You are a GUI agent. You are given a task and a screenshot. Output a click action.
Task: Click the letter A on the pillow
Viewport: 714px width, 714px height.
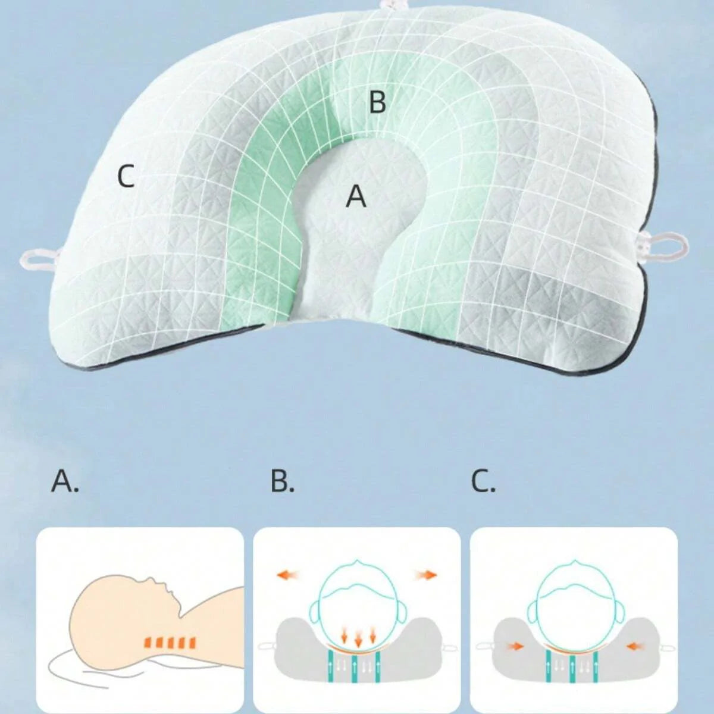pos(356,196)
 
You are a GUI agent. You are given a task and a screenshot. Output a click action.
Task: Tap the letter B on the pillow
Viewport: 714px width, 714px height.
pos(378,102)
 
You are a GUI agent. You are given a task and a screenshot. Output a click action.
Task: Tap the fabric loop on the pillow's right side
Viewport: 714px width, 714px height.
pos(668,247)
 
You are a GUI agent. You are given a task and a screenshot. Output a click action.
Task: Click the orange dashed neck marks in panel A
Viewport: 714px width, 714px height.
pos(169,642)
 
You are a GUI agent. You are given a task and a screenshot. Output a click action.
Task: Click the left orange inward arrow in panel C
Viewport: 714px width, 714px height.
pos(515,647)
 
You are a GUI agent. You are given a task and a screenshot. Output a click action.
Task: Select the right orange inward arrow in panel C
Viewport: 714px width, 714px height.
pos(636,647)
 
